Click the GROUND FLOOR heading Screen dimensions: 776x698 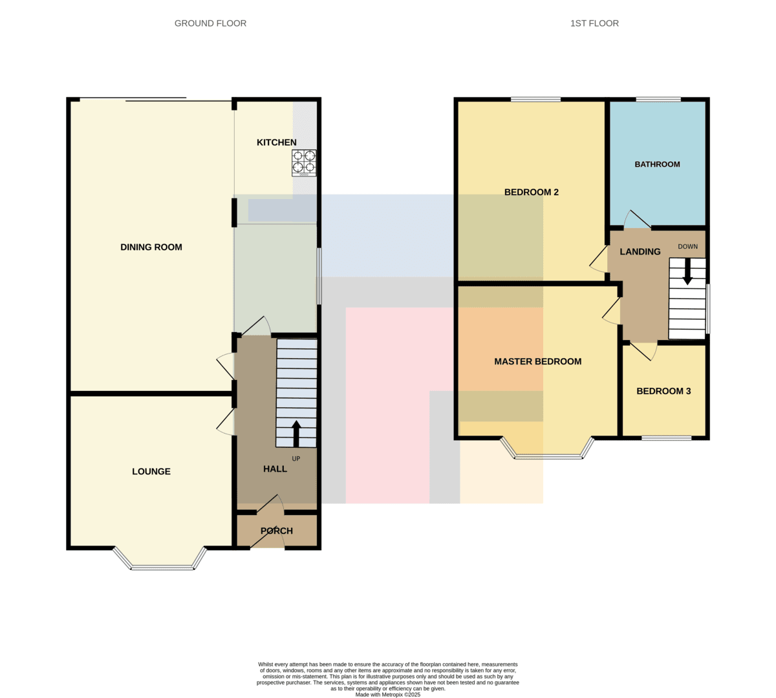pos(210,23)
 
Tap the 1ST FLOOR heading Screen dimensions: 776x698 pos(594,23)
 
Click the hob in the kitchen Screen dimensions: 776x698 pos(304,163)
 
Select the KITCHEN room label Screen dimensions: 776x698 pos(277,142)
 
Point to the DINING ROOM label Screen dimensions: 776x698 pos(151,247)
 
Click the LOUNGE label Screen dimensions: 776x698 pos(151,471)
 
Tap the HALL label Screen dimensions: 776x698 pos(275,469)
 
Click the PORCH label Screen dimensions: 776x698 pos(277,531)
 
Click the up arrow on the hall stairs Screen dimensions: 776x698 pos(296,434)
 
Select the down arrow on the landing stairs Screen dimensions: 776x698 pos(687,271)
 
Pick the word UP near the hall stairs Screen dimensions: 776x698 pos(296,459)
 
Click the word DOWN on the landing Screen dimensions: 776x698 pos(688,247)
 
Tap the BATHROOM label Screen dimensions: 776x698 pos(657,164)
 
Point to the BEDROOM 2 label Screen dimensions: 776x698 pos(532,192)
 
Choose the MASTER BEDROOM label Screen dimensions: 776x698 pos(538,361)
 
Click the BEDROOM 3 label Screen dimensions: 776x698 pos(663,391)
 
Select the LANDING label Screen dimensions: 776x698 pos(640,252)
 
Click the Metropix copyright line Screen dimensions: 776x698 pos(387,694)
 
